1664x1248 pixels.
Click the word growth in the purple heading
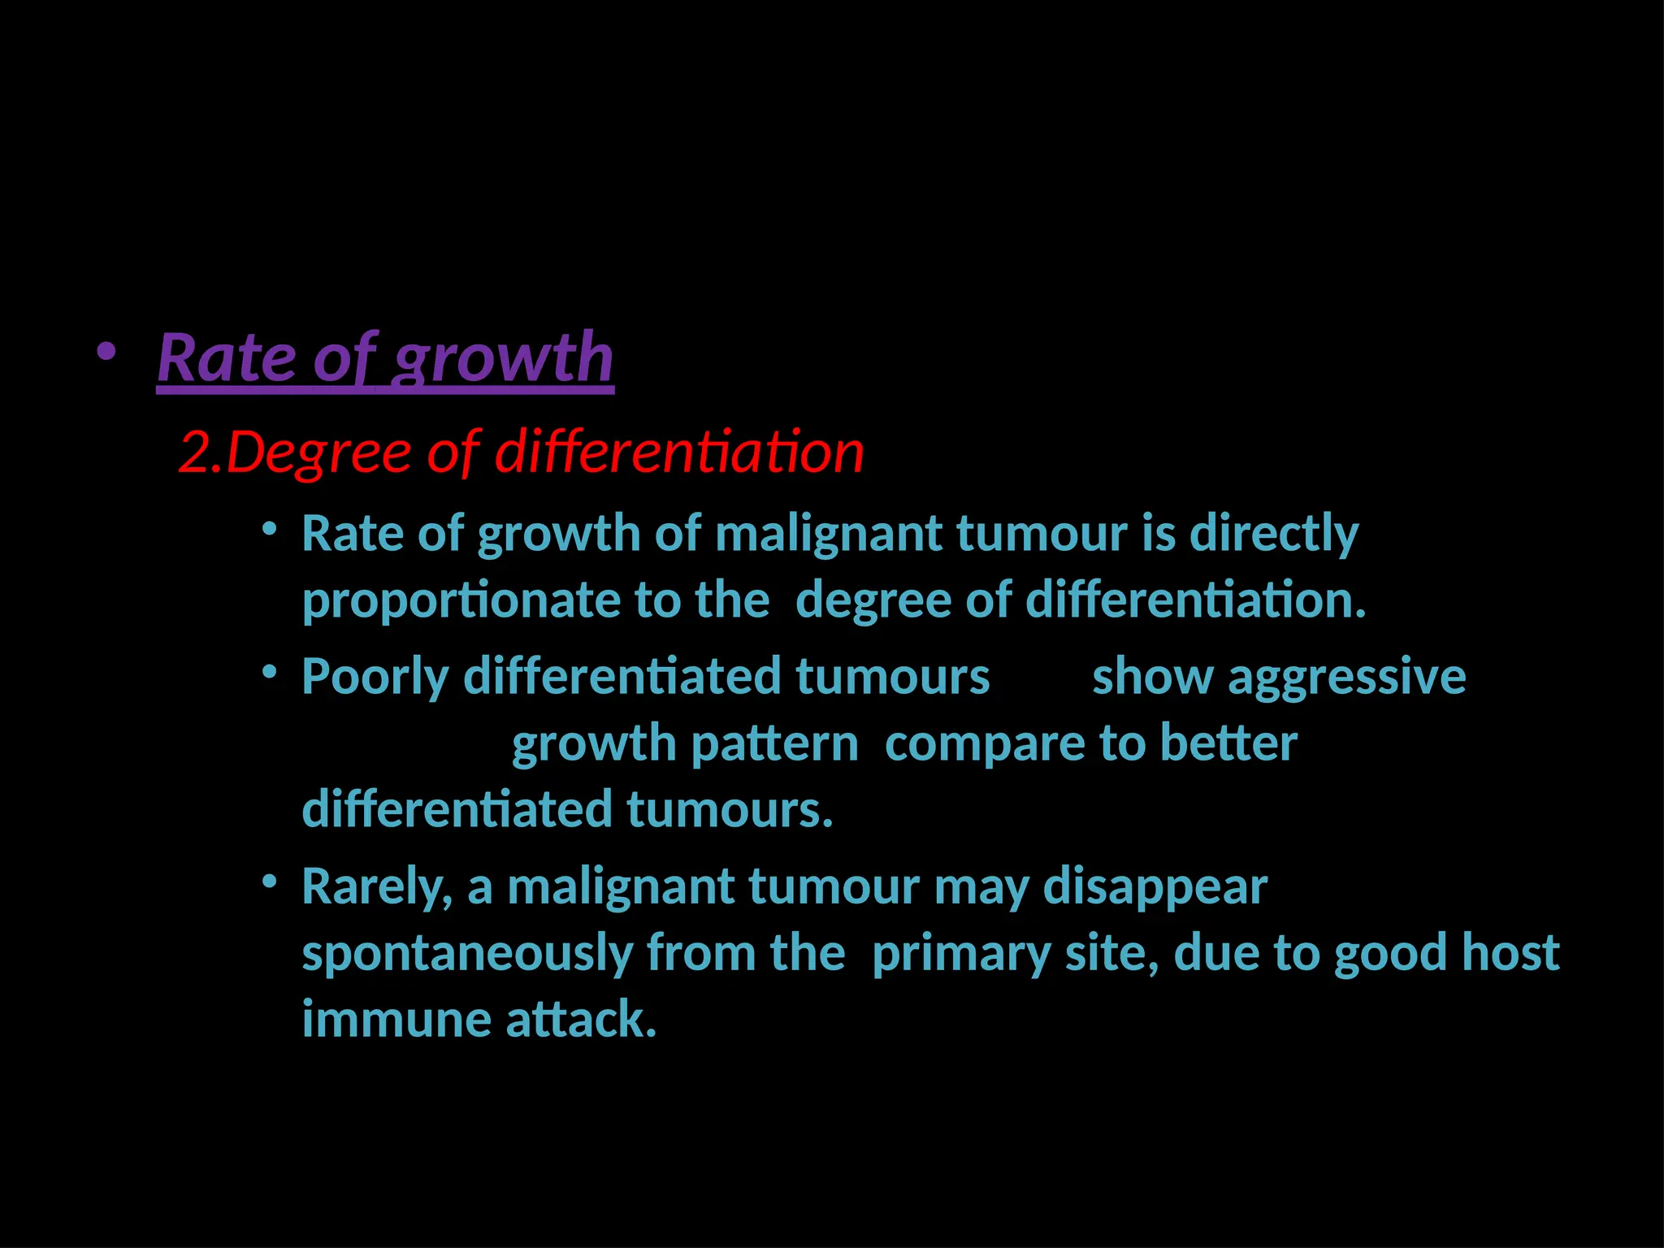click(x=504, y=359)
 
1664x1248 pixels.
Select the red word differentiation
click(x=679, y=452)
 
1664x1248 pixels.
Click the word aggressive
click(x=1346, y=677)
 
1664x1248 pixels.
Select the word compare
click(x=984, y=744)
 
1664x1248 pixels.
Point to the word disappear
click(x=1155, y=886)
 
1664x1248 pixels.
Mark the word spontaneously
click(x=467, y=954)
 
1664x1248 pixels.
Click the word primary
click(x=961, y=954)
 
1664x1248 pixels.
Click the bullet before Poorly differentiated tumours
click(x=270, y=674)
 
